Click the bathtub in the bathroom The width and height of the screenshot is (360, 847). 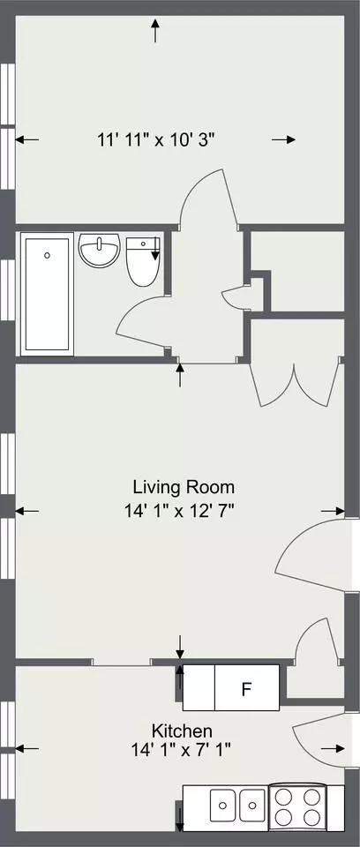47,294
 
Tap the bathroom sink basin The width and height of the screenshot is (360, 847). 100,250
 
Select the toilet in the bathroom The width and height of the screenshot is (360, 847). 143,261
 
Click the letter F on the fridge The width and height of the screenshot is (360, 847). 246,689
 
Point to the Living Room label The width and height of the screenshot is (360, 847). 184,487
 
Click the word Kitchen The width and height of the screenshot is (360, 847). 182,731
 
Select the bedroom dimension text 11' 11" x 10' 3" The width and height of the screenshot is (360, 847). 156,140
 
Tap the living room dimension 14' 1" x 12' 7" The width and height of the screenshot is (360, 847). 182,510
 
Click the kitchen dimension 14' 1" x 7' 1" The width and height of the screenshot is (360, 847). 182,750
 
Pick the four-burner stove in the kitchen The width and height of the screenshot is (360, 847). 296,807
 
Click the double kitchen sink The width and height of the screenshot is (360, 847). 237,807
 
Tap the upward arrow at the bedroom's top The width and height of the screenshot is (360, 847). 155,30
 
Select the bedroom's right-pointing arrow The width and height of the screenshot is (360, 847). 283,140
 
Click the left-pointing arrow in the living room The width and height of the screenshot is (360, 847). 27,511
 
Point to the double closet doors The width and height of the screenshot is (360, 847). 295,385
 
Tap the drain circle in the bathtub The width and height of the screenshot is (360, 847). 48,256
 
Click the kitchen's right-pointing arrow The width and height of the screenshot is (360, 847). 333,749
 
